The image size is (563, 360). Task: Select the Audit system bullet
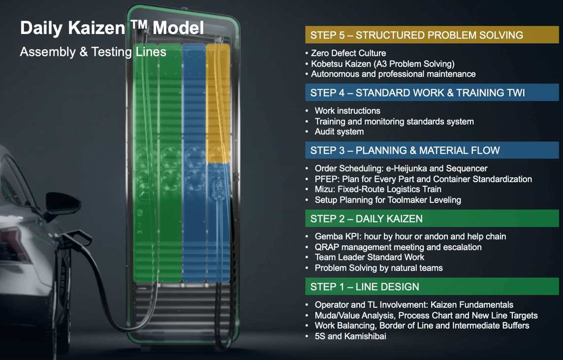339,132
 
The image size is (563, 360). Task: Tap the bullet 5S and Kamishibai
350,336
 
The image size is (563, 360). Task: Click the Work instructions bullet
347,111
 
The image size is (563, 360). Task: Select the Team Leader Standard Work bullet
369,257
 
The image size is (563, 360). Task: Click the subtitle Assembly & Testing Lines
93,52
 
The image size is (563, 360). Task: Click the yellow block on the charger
218,103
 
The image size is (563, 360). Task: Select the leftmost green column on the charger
145,163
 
